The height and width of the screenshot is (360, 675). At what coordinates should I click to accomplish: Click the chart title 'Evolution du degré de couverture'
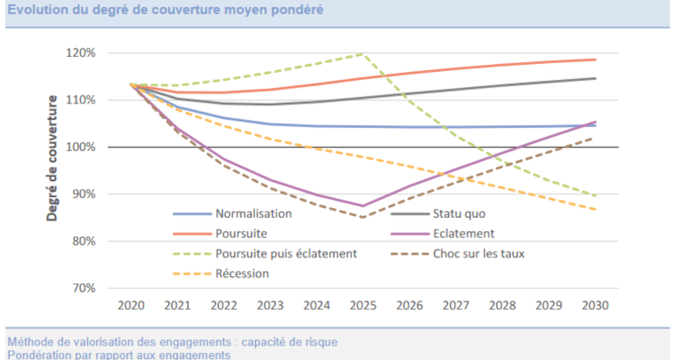click(162, 10)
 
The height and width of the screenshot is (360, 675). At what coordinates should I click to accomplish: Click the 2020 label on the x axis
click(132, 306)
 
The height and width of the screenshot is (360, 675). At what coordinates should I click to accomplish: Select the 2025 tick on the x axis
click(362, 306)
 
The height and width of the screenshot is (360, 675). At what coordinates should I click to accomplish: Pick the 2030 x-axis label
click(594, 306)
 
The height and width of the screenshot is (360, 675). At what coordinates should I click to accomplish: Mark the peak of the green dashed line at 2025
click(362, 54)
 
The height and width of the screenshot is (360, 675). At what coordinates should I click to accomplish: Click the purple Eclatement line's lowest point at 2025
click(362, 206)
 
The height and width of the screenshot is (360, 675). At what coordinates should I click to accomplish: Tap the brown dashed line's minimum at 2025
click(362, 217)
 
